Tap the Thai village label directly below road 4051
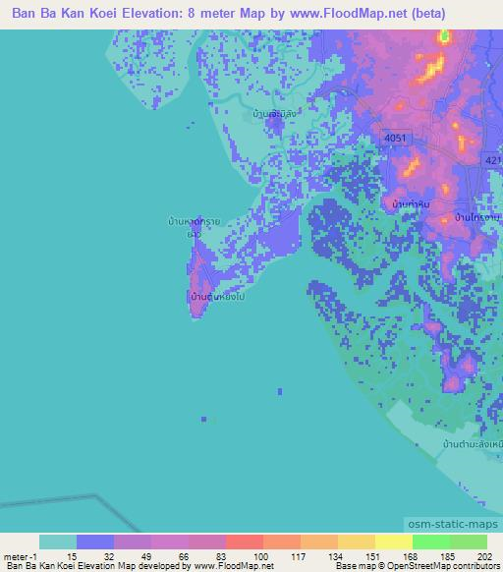(411, 203)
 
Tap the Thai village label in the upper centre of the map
(274, 113)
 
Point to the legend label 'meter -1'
(21, 556)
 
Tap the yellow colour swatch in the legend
(393, 542)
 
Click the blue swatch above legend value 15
(95, 542)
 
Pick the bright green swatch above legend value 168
(431, 542)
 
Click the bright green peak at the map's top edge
(443, 38)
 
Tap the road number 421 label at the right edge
(493, 157)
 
